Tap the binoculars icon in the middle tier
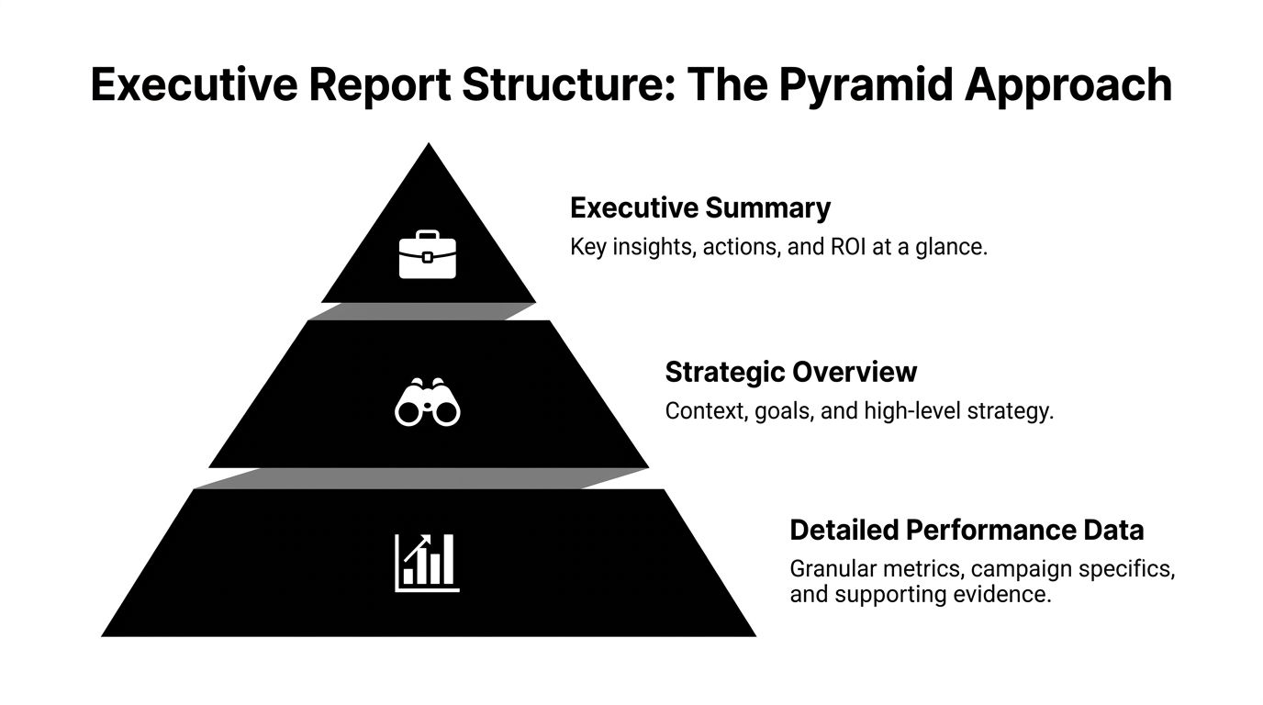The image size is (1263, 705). point(427,402)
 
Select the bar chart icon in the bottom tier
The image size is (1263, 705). point(427,562)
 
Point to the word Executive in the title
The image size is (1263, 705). point(192,85)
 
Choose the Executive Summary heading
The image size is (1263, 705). point(699,207)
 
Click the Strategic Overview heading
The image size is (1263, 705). point(790,372)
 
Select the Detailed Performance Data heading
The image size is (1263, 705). point(967,530)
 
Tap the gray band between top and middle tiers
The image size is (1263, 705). point(422,311)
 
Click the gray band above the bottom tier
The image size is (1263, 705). point(422,477)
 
